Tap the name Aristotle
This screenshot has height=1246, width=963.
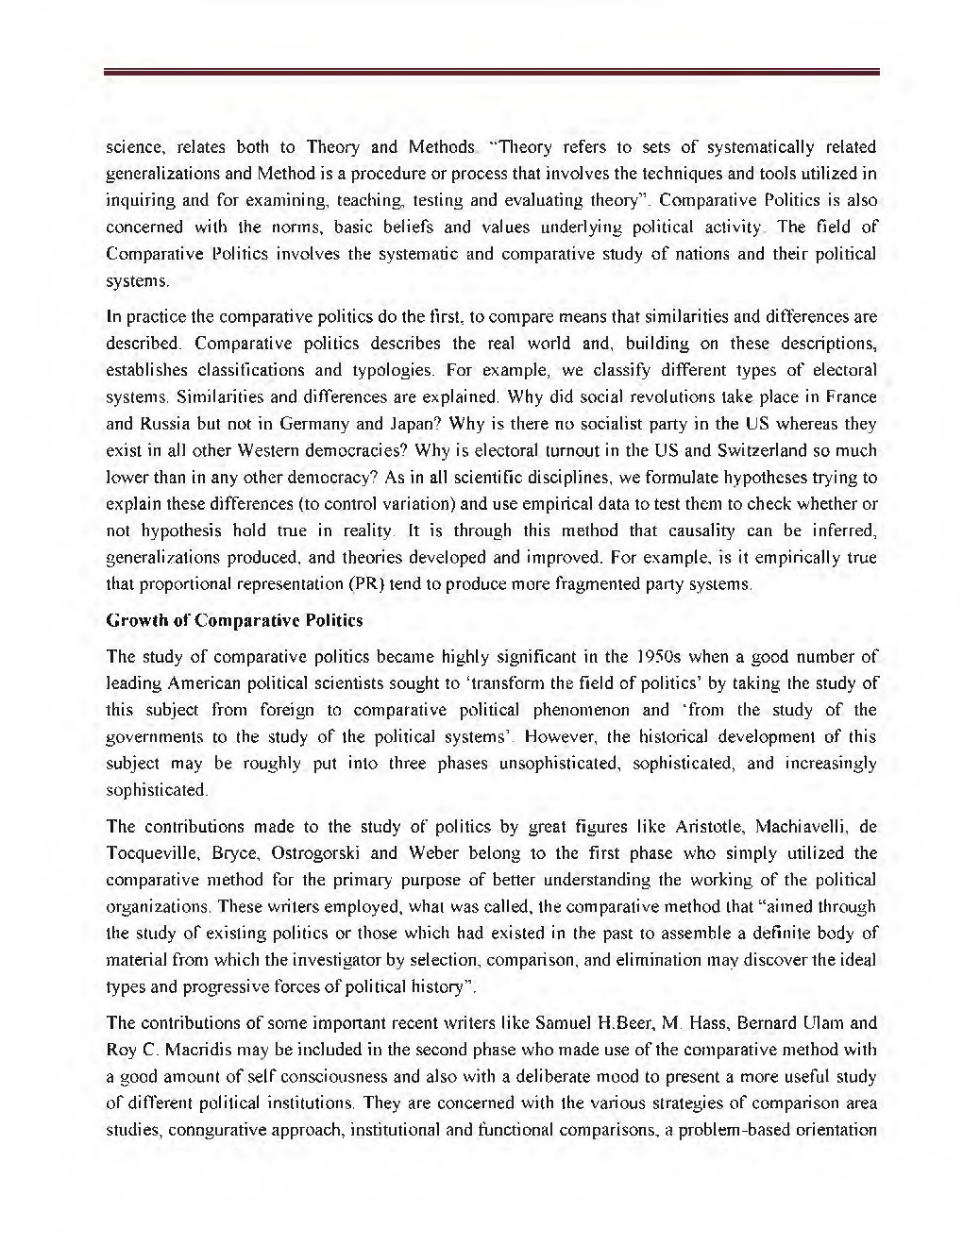(709, 827)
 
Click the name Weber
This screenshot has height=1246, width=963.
(433, 853)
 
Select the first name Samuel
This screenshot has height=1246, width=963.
(563, 1023)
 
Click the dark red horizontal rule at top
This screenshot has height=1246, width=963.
(491, 71)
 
